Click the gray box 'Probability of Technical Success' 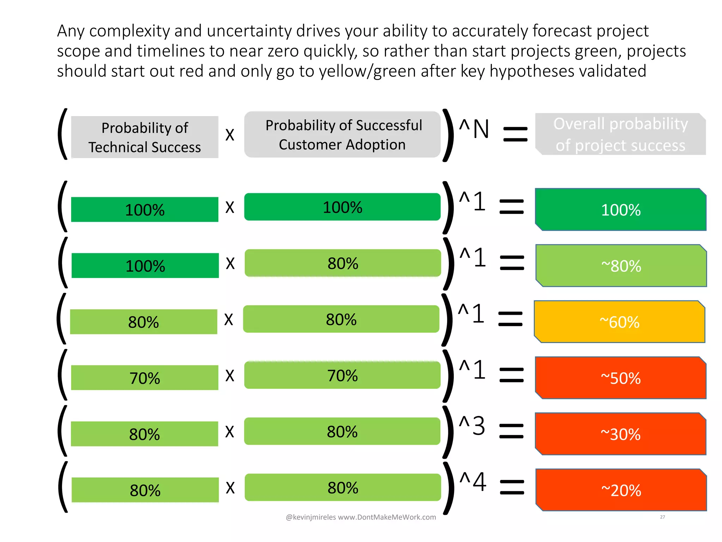[145, 137]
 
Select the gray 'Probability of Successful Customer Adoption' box [342, 135]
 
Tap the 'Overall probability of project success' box [620, 134]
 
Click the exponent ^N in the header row [475, 129]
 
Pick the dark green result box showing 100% [620, 210]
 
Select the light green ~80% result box [621, 266]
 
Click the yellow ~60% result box [619, 322]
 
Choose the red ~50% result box [620, 378]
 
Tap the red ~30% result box [620, 434]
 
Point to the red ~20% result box [621, 490]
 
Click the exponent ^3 [472, 426]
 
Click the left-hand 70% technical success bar [145, 378]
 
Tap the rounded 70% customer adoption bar [342, 375]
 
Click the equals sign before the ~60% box [510, 319]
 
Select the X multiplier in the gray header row [230, 135]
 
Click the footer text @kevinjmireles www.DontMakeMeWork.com [361, 517]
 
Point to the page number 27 [662, 517]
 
